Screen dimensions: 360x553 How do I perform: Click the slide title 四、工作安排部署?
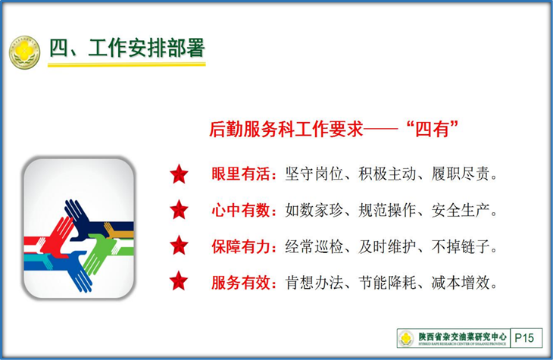coord(127,49)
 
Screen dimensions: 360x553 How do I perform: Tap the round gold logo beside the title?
coord(24,52)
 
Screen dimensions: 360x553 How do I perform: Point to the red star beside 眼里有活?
coord(179,174)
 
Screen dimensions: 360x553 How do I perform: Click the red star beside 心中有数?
coord(179,210)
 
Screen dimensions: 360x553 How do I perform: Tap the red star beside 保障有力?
coord(179,246)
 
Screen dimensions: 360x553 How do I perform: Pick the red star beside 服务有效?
coord(179,281)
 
